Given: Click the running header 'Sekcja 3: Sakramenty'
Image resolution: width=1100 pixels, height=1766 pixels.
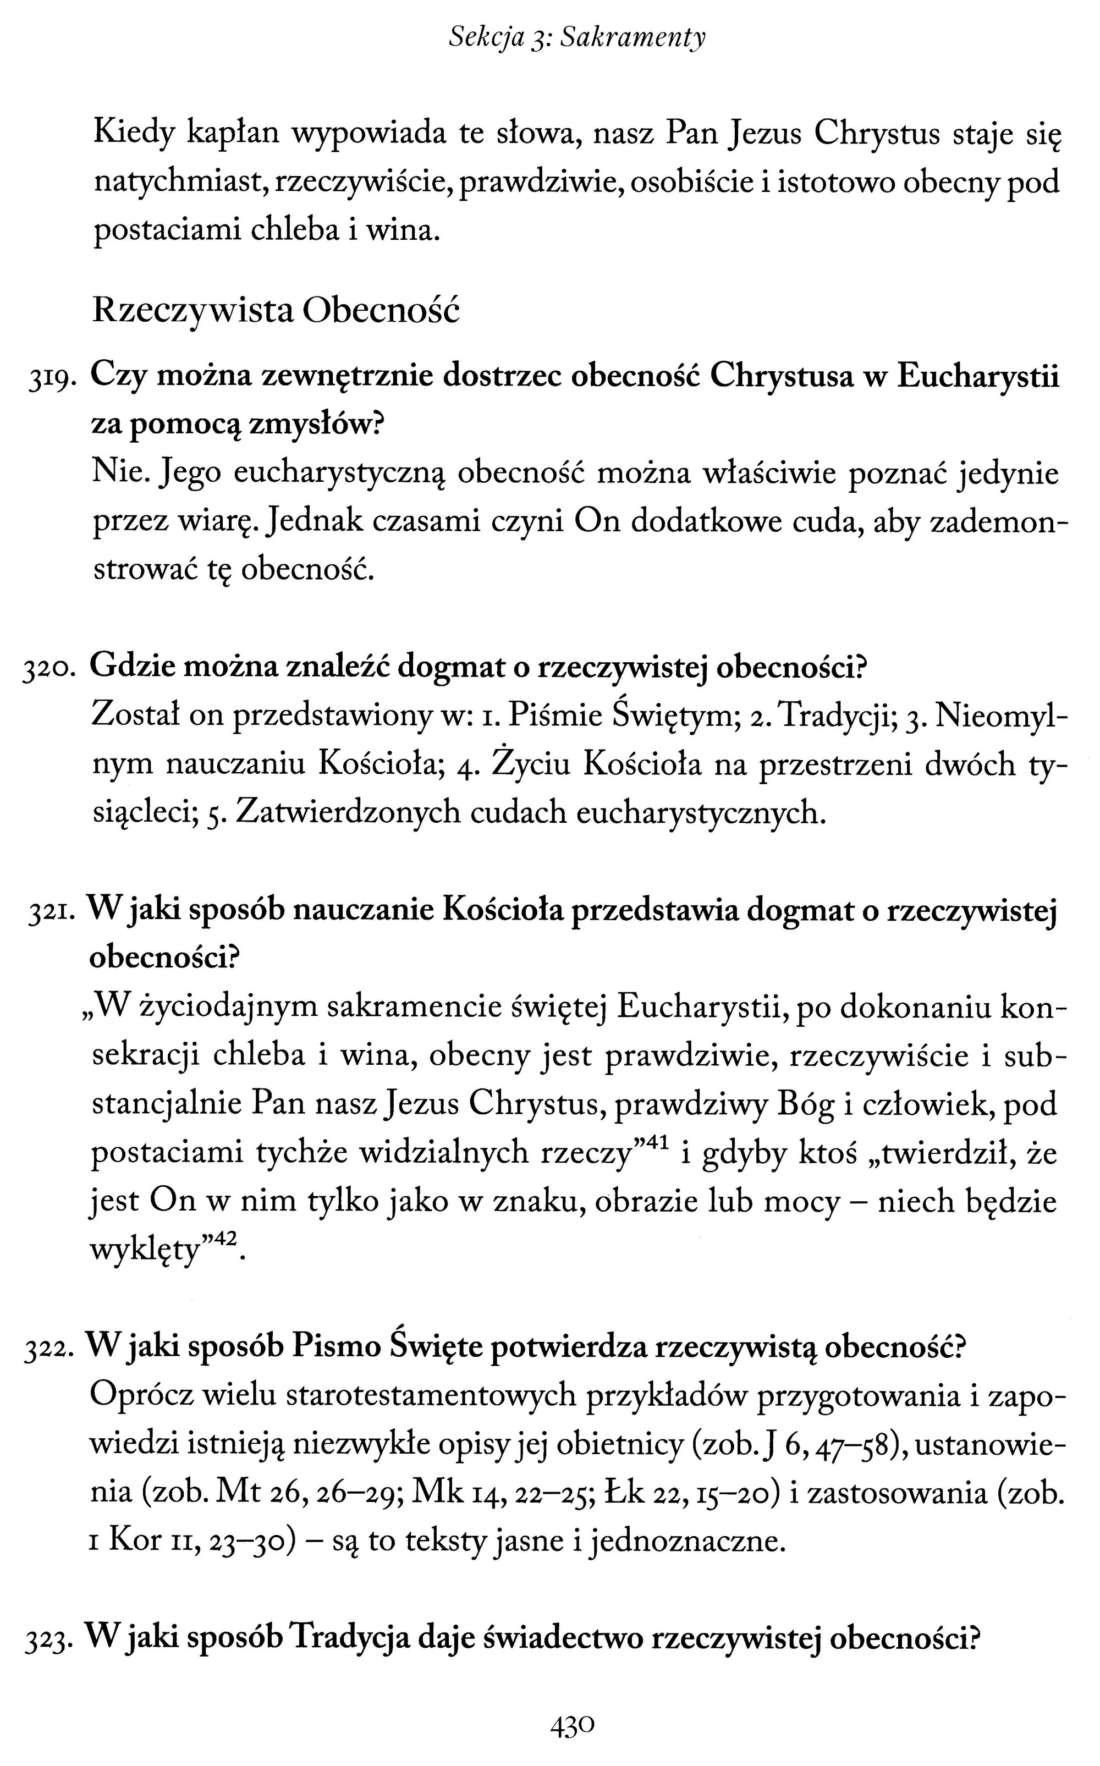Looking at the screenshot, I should [577, 38].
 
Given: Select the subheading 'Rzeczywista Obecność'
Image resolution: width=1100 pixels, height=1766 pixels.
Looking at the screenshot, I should [277, 311].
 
